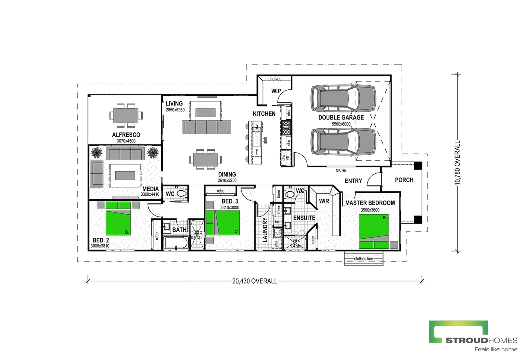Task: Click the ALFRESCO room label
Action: [126, 135]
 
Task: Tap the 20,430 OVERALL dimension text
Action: [255, 281]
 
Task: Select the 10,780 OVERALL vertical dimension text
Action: [457, 162]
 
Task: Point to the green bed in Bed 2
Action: [118, 218]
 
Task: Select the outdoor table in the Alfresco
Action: [126, 116]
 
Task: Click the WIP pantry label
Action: [276, 91]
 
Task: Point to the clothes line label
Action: [363, 259]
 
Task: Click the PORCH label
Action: [404, 180]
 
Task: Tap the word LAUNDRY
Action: [265, 230]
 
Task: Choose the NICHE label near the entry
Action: [341, 170]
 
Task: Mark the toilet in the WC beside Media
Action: [182, 193]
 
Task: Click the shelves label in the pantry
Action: [275, 79]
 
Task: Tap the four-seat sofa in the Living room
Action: [206, 127]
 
